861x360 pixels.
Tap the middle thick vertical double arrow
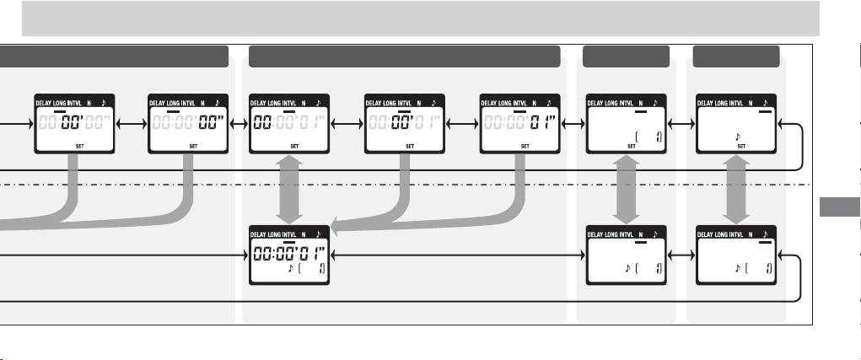click(625, 189)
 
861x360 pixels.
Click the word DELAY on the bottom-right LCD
click(708, 234)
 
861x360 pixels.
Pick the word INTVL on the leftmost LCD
click(87, 102)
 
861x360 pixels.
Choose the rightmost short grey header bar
click(735, 57)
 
